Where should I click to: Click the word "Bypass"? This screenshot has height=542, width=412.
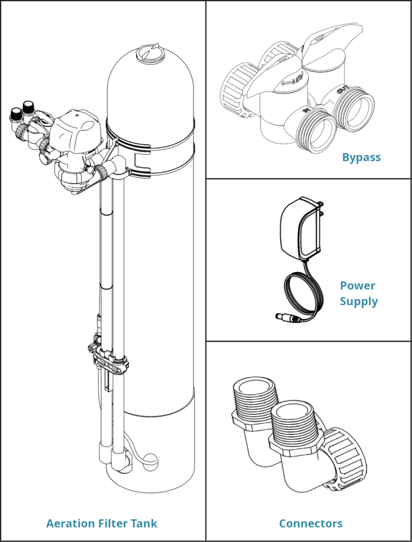[361, 158]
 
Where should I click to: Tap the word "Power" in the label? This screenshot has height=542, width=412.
[357, 286]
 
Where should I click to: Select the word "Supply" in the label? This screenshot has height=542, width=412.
[358, 301]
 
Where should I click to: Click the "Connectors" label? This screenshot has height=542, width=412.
[310, 524]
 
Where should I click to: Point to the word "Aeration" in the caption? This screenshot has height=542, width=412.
[71, 524]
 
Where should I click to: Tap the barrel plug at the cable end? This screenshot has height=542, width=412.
[287, 318]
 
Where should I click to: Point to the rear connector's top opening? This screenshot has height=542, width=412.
[253, 387]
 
